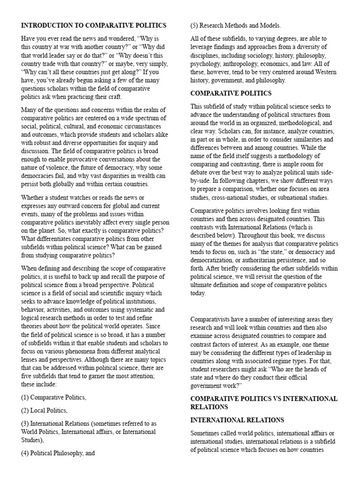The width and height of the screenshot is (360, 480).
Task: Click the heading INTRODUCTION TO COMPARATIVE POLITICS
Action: click(93, 25)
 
